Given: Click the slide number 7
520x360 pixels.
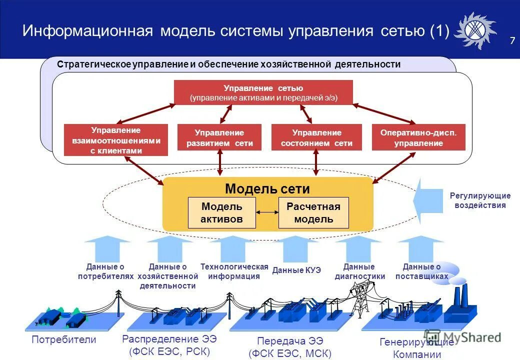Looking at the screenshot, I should (x=512, y=41).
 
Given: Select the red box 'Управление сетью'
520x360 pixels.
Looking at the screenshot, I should (x=263, y=93).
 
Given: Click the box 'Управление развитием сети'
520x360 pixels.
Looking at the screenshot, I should (x=219, y=138).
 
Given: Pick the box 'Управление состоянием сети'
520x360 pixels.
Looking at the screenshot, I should (x=316, y=138).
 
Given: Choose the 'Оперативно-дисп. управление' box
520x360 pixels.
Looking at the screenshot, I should (x=418, y=138).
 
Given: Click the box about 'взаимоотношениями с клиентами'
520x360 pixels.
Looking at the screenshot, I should (x=116, y=140).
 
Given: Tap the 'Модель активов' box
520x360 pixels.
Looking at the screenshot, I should (x=221, y=213).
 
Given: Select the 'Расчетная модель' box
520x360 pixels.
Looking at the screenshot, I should (x=313, y=213).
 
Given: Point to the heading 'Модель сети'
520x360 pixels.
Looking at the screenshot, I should (x=267, y=189).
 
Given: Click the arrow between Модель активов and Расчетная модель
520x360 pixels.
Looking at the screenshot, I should (x=267, y=213).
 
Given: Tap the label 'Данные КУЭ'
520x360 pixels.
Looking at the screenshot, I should (x=296, y=270).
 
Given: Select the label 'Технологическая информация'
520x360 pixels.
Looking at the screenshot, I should (x=234, y=271).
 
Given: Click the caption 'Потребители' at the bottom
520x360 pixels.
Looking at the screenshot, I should (x=63, y=340).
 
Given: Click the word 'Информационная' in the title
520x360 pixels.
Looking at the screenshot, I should (x=87, y=31).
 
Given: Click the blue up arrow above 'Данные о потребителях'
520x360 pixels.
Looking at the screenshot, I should (x=107, y=248).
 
